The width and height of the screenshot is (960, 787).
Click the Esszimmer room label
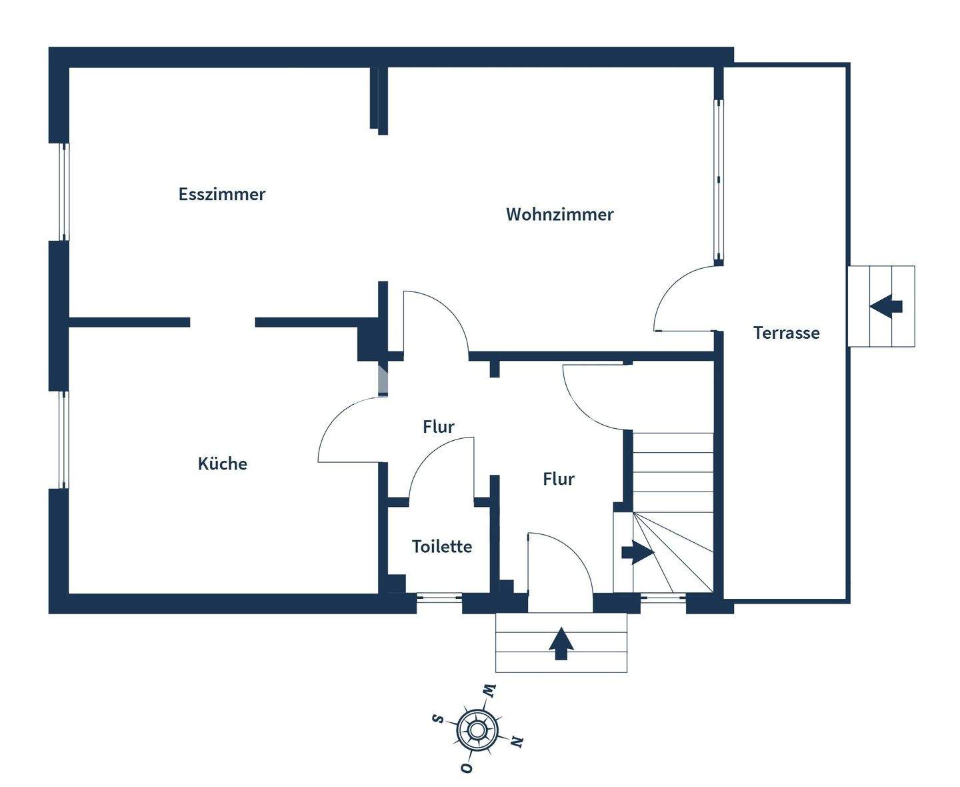[x=222, y=194]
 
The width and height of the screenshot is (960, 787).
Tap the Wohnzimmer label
[x=559, y=214]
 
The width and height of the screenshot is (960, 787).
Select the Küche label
[x=222, y=464]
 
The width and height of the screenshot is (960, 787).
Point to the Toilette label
[x=442, y=546]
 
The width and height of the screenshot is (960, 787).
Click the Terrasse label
[x=787, y=332]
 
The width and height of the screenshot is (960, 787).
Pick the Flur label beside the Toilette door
[x=439, y=426]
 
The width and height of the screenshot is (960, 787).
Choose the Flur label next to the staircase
[x=559, y=478]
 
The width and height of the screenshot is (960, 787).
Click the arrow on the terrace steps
[x=886, y=307]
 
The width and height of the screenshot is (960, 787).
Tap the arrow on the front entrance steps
[x=561, y=643]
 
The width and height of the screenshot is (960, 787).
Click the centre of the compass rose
[x=476, y=730]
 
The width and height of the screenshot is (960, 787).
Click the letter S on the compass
[x=438, y=718]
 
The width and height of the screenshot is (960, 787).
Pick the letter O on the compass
[x=467, y=768]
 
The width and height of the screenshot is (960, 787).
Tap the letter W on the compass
[x=489, y=691]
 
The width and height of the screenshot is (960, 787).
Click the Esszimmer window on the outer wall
[x=64, y=192]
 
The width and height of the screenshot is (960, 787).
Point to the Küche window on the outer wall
[x=64, y=440]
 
